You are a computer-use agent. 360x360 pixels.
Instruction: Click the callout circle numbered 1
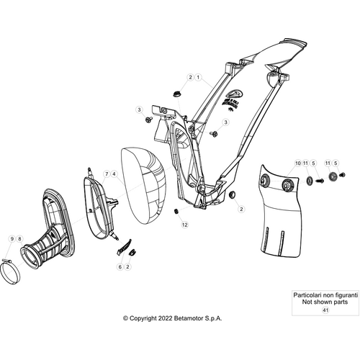tap(198, 77)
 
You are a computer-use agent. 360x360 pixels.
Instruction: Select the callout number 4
tap(114, 174)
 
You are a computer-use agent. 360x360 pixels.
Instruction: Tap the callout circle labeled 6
tap(120, 266)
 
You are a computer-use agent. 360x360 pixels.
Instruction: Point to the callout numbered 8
tap(19, 239)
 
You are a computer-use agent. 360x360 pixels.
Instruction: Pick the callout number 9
tap(12, 239)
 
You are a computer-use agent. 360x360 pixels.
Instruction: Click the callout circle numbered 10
tap(298, 163)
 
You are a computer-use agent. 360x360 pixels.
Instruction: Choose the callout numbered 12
tap(184, 225)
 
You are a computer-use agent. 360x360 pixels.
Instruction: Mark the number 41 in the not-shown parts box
tap(325, 310)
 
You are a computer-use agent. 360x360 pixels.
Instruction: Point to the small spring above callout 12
tap(176, 212)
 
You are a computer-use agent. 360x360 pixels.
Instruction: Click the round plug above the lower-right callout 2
tap(232, 194)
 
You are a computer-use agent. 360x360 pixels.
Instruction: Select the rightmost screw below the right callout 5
tap(343, 175)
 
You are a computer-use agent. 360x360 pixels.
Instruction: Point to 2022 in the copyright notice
tap(166, 318)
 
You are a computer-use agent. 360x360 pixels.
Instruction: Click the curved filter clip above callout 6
tap(125, 247)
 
